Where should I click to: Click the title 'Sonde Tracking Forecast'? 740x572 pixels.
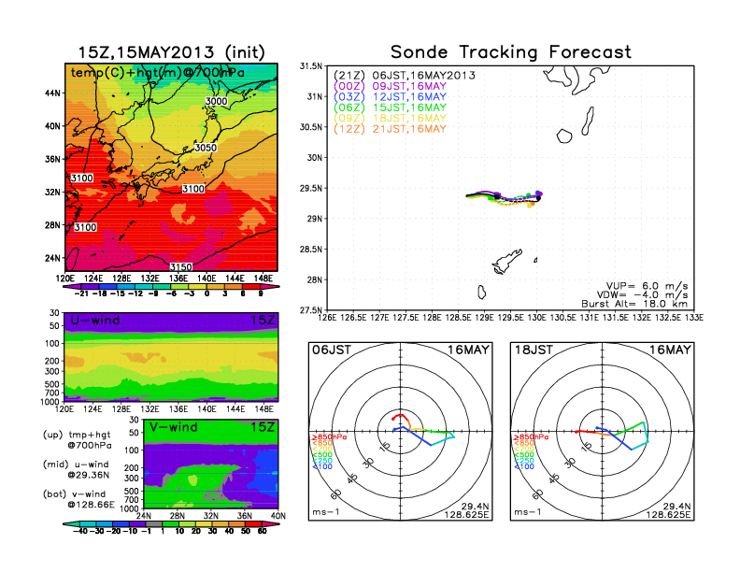510,52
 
